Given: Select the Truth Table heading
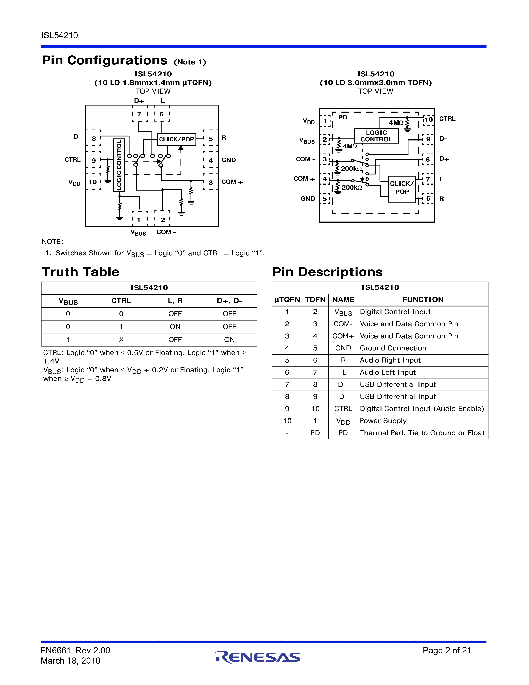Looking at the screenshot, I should click(80, 272).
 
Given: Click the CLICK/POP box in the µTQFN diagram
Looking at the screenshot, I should click(177, 139).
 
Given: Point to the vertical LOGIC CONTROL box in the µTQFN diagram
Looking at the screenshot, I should click(119, 165).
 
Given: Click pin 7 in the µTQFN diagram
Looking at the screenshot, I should click(139, 114).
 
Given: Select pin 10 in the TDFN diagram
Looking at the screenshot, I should click(428, 120).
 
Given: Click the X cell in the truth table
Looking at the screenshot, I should click(121, 340).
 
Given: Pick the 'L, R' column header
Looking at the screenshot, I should click(175, 301).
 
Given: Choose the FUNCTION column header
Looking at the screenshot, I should click(423, 300).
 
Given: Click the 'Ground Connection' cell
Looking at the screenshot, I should click(393, 348).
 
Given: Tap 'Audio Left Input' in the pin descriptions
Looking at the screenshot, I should click(388, 372).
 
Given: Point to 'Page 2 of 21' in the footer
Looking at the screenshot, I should click(447, 651).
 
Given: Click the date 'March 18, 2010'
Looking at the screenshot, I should click(71, 661).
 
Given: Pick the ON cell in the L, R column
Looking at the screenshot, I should click(175, 327).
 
